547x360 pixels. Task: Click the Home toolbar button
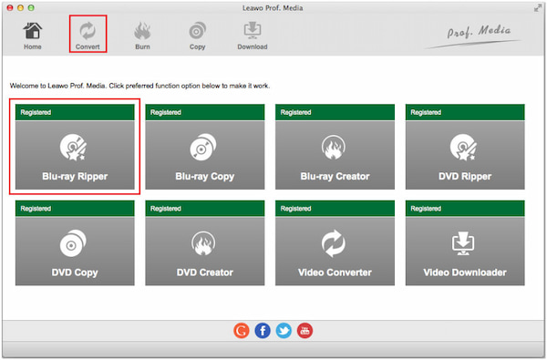(x=33, y=36)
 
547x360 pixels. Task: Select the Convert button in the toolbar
(x=88, y=36)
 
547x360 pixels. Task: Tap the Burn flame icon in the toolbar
(x=142, y=31)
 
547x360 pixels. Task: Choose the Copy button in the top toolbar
(x=197, y=36)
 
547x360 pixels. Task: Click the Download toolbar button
(x=253, y=36)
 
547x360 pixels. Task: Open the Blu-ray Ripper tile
(x=75, y=147)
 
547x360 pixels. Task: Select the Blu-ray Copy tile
(x=205, y=147)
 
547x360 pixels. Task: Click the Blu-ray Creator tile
(x=335, y=147)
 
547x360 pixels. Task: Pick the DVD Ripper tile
(x=465, y=147)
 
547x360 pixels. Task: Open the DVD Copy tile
(x=75, y=242)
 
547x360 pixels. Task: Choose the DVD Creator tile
(x=205, y=242)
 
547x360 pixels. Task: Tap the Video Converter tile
(x=335, y=242)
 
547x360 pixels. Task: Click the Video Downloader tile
(x=465, y=242)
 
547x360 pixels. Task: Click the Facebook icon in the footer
(x=263, y=330)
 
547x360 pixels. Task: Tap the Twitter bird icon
(x=284, y=330)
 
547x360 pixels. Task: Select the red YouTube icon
(x=304, y=330)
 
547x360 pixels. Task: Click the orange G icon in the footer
(x=241, y=330)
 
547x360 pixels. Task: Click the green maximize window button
(x=31, y=7)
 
